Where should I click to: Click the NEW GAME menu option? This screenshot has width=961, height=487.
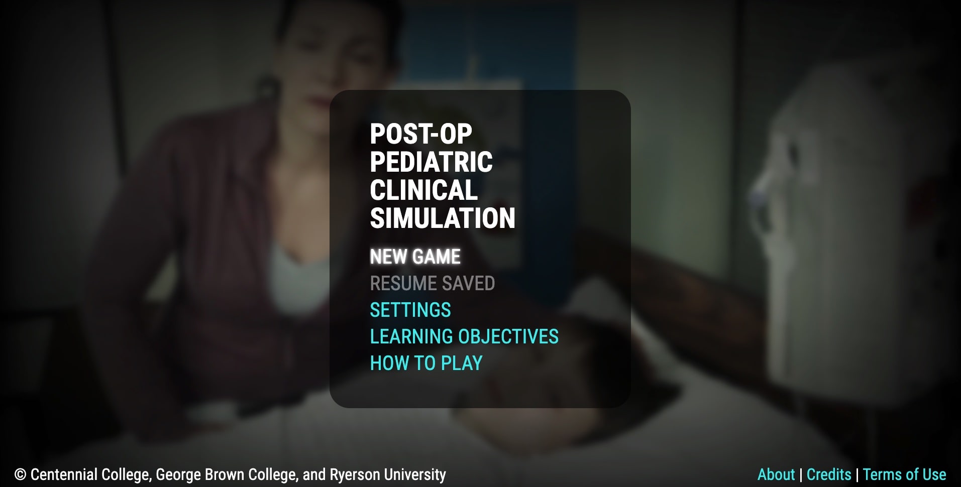pos(415,257)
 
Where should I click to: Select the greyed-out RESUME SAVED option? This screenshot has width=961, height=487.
pos(432,283)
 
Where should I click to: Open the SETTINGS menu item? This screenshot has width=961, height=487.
pos(410,310)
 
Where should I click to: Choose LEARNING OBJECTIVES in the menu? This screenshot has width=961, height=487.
pos(464,336)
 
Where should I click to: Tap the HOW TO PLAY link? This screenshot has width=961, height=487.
pos(426,363)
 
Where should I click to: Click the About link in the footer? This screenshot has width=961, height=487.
pos(776,474)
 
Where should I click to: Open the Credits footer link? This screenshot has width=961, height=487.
pos(828,474)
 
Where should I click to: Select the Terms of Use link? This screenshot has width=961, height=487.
pos(904,474)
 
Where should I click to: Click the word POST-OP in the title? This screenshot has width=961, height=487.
pos(421,134)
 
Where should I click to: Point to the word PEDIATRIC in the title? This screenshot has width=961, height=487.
pos(431,162)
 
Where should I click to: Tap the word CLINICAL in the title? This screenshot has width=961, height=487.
pos(423,190)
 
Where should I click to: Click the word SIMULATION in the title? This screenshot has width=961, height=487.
pos(442,218)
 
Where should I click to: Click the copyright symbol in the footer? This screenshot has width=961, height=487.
pos(21,474)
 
